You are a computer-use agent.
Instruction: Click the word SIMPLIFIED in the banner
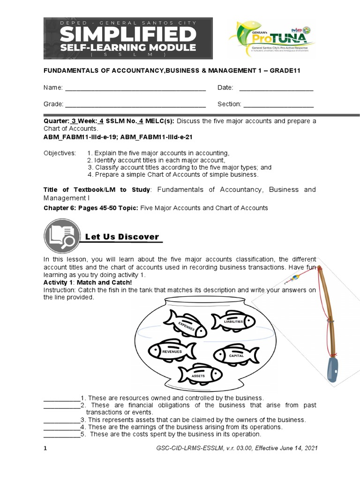click(x=128, y=34)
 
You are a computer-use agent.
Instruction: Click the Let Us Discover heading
click(x=122, y=237)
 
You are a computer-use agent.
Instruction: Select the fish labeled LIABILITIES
click(x=233, y=321)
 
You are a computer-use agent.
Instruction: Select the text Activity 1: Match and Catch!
click(x=88, y=283)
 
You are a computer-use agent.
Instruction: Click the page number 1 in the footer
click(x=45, y=449)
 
